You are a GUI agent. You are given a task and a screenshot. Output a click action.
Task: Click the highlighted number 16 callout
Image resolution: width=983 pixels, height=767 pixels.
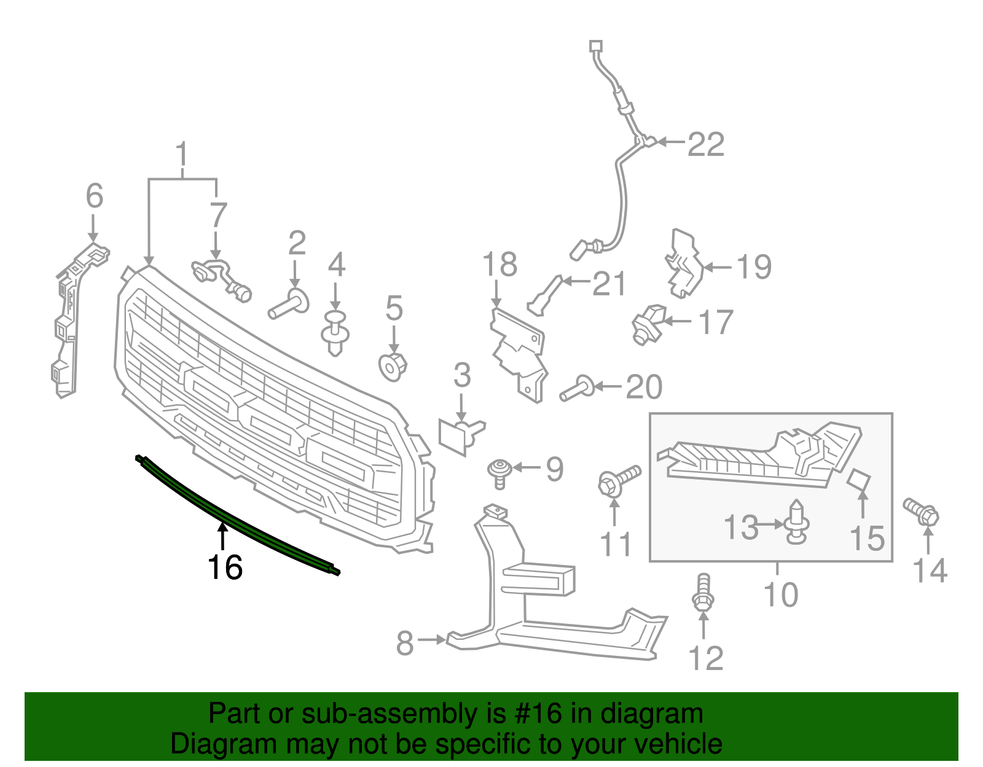click(x=225, y=567)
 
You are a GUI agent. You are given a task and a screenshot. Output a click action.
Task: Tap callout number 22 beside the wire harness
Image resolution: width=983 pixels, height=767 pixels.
click(x=706, y=145)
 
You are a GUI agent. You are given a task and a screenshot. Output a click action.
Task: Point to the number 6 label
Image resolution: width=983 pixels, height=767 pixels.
click(x=94, y=196)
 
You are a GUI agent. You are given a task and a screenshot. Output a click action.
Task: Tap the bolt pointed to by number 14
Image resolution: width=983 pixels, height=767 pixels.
click(x=921, y=512)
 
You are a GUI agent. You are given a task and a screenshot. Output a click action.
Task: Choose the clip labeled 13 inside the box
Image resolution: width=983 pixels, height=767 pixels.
click(x=796, y=524)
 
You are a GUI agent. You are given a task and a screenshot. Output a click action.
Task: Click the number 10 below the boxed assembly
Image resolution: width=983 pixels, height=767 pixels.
click(x=780, y=594)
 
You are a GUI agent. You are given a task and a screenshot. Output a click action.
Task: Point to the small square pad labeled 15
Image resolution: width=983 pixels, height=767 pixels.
click(x=860, y=481)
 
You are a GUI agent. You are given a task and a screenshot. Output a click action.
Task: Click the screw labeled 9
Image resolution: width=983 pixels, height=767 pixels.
click(x=499, y=473)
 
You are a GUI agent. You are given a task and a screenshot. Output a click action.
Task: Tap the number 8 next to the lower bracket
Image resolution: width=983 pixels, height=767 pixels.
click(x=405, y=642)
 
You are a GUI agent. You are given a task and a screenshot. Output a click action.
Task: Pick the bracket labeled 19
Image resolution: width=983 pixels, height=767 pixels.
click(x=684, y=265)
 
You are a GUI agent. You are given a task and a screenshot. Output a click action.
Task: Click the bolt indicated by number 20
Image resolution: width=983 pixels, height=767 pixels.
click(x=576, y=388)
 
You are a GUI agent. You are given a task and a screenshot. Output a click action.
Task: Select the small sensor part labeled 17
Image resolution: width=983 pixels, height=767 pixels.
click(x=648, y=324)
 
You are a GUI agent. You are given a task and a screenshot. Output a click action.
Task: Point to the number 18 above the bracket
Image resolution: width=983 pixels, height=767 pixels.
click(x=499, y=265)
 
